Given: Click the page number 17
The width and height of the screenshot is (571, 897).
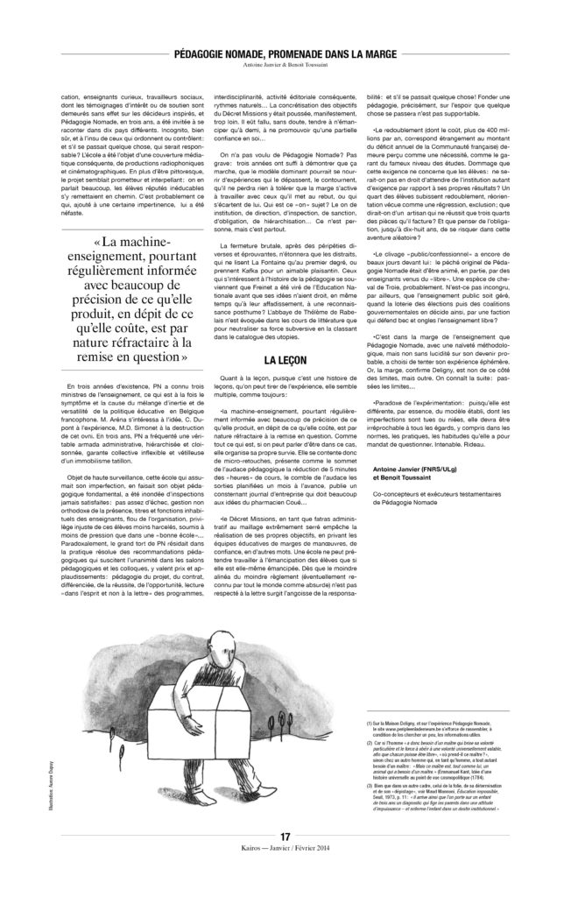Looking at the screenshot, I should (x=285, y=837).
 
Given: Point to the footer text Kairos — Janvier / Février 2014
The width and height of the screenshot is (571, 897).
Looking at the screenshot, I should (x=285, y=848).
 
